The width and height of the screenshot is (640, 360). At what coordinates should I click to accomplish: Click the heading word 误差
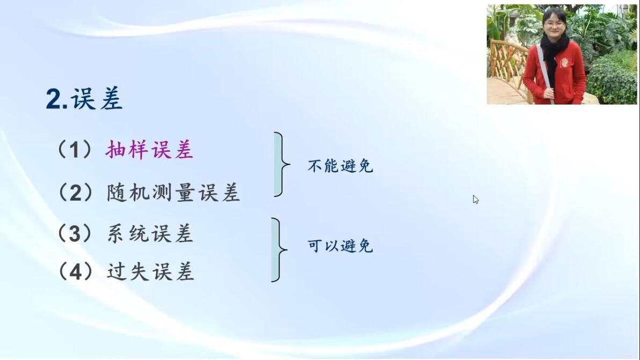tap(97, 99)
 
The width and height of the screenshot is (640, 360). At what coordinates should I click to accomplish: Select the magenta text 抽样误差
tap(149, 150)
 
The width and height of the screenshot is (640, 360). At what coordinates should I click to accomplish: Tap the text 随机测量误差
tap(173, 192)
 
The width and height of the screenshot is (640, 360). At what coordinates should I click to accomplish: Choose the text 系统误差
tap(150, 233)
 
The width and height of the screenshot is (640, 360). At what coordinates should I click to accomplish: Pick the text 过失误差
tap(150, 271)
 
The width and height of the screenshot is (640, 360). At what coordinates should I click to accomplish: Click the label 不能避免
tap(340, 166)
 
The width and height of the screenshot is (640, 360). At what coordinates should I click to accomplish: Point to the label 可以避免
tap(340, 246)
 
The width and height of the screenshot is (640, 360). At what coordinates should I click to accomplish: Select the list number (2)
tap(76, 192)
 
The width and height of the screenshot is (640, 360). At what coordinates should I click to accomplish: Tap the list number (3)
tap(75, 233)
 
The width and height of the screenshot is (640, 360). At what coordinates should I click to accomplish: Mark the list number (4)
tap(76, 271)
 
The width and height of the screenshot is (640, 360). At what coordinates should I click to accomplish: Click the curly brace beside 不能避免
tap(282, 164)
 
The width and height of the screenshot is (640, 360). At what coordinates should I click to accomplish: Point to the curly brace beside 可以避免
tap(279, 249)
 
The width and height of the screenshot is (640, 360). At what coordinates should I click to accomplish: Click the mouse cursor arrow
tap(476, 200)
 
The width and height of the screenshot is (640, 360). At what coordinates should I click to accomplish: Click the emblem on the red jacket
tap(564, 62)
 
